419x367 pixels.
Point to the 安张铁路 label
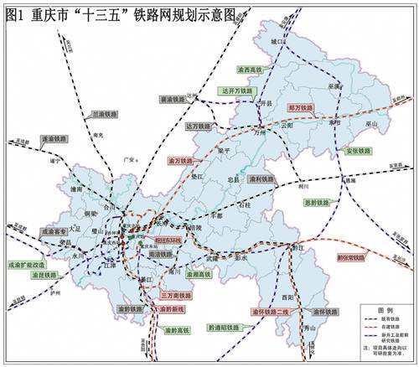(x=357, y=151)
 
